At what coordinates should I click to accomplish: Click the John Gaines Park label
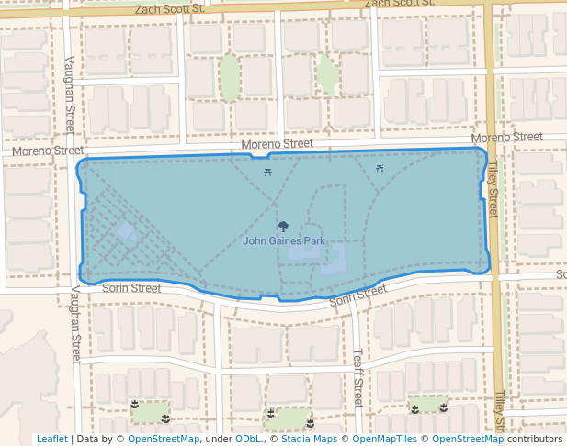pyautogui.click(x=284, y=241)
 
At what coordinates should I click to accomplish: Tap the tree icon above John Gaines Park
pyautogui.click(x=283, y=226)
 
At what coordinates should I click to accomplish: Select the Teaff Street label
pyautogui.click(x=358, y=377)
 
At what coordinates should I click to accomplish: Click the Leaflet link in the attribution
pyautogui.click(x=51, y=439)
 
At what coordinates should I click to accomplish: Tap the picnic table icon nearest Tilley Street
pyautogui.click(x=380, y=168)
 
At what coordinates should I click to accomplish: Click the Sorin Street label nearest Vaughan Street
pyautogui.click(x=131, y=288)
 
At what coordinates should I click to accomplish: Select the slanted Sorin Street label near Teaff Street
pyautogui.click(x=357, y=295)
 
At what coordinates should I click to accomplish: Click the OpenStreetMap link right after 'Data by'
pyautogui.click(x=164, y=439)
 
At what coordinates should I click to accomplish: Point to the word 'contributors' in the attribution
pyautogui.click(x=534, y=439)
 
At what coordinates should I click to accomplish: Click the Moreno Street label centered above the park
pyautogui.click(x=277, y=144)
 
